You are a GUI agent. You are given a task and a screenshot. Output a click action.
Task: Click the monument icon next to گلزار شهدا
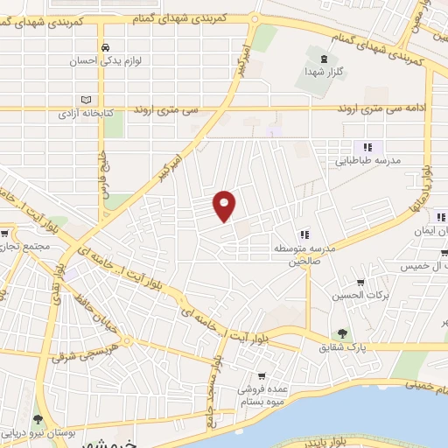point(325,59)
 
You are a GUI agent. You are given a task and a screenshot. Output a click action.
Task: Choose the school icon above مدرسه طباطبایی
point(368,146)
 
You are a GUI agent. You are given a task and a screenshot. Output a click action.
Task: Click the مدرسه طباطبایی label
point(368,162)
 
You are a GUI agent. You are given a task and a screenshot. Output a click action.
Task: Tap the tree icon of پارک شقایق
point(341,332)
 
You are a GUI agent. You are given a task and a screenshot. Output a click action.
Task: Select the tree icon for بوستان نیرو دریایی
point(37,419)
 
